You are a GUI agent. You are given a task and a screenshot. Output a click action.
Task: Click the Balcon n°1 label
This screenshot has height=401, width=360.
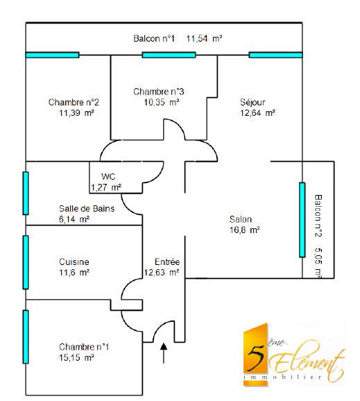pyautogui.click(x=155, y=39)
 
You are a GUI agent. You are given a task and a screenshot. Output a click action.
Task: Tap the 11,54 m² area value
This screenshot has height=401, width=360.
pyautogui.click(x=204, y=39)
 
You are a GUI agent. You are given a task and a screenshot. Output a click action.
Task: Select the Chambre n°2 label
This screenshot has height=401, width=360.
pyautogui.click(x=69, y=102)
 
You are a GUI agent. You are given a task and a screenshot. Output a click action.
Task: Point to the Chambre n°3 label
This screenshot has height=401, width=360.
pyautogui.click(x=159, y=92)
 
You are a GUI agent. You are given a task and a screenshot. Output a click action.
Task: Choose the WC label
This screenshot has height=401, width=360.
pyautogui.click(x=108, y=176)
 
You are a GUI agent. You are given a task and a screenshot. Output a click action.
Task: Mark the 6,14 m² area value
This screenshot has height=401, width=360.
pyautogui.click(x=74, y=219)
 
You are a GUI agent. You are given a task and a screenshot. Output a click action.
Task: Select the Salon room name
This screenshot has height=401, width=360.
pyautogui.click(x=241, y=219)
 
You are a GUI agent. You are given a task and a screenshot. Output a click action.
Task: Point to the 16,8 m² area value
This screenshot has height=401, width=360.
pyautogui.click(x=245, y=230)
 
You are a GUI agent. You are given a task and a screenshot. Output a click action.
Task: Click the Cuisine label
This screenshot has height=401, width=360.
pyautogui.click(x=74, y=262)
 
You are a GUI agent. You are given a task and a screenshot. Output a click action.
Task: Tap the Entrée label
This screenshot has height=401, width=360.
pyautogui.click(x=166, y=262)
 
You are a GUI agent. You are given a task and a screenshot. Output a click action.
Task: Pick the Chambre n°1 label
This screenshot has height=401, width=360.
pyautogui.click(x=85, y=347)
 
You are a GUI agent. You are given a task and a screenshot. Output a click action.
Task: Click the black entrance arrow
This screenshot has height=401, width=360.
pyautogui.click(x=164, y=352)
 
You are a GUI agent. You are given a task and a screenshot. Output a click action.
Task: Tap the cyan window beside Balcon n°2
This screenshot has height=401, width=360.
pyautogui.click(x=302, y=219)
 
